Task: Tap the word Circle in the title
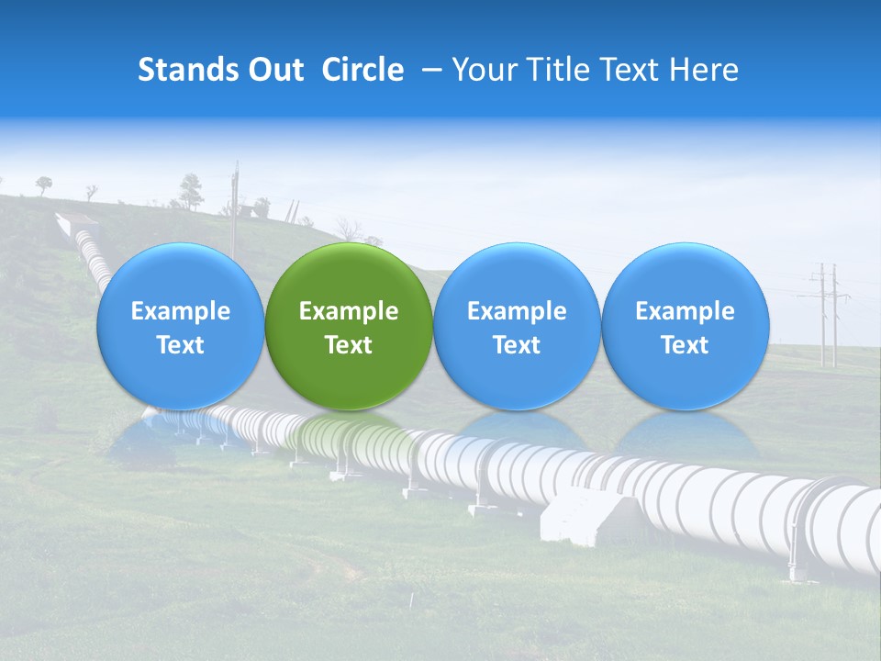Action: point(362,70)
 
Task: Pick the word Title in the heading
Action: point(561,70)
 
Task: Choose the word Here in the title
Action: point(703,70)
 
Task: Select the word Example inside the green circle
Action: point(349,311)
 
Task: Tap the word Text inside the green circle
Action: point(349,345)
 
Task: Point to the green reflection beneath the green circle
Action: point(349,431)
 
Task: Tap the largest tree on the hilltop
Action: point(191,191)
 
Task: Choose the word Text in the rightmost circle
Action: point(686,345)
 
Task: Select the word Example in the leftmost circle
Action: point(180,311)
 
